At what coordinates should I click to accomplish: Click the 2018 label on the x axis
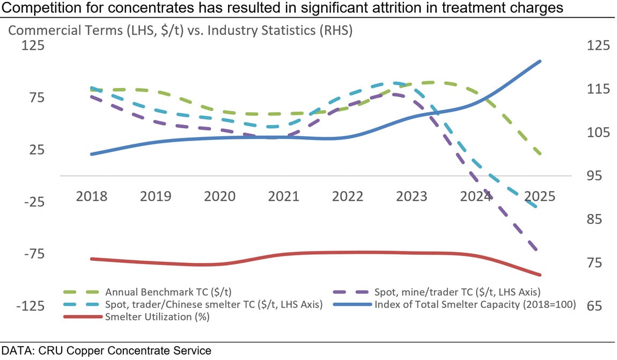[x=92, y=196]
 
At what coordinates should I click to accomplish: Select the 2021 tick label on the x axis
[x=283, y=196]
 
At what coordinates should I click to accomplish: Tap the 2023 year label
[x=412, y=196]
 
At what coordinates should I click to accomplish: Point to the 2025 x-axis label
[x=539, y=196]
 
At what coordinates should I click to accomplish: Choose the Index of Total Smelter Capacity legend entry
[x=475, y=305]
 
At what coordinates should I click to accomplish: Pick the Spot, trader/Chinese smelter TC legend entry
[x=214, y=305]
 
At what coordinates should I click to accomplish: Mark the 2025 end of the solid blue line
[x=540, y=61]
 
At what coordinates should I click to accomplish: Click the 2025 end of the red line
[x=540, y=275]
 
